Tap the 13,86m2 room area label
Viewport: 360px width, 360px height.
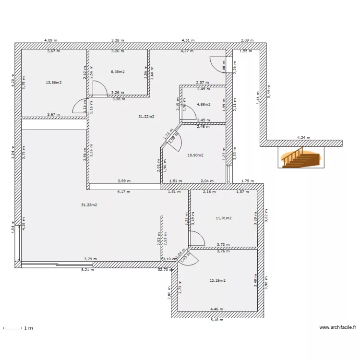pos(53,83)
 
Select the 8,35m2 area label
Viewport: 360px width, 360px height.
pos(118,72)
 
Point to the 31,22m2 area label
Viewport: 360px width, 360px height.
pos(146,117)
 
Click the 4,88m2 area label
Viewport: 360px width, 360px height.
pos(204,104)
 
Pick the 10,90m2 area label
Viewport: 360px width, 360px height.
pos(195,155)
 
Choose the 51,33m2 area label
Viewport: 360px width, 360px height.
pos(89,205)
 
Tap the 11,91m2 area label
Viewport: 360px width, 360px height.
pos(224,218)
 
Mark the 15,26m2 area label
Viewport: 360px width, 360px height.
pos(217,280)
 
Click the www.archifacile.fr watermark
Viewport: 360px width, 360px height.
pos(338,327)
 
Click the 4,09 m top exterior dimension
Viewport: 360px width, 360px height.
pos(50,41)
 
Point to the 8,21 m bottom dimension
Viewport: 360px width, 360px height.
pos(87,270)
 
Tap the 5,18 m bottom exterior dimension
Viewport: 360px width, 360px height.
pos(217,320)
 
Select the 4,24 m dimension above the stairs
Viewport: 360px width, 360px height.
pos(303,138)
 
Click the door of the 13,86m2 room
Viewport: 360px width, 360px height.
pos(79,107)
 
